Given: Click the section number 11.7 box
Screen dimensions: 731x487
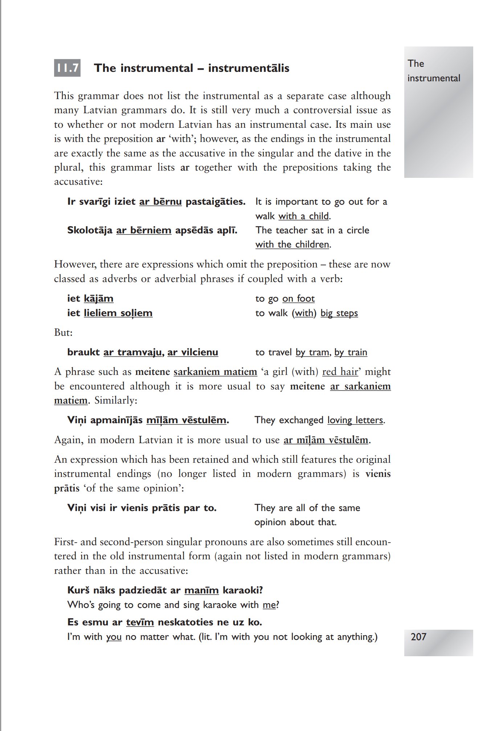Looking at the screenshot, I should pyautogui.click(x=67, y=68).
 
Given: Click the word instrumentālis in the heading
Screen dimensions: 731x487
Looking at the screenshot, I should pyautogui.click(x=249, y=68).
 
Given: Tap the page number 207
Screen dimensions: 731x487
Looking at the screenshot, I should pyautogui.click(x=418, y=637).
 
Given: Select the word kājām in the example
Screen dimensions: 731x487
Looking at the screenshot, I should pyautogui.click(x=98, y=298).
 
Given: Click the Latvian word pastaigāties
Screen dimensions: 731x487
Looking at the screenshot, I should pyautogui.click(x=215, y=201).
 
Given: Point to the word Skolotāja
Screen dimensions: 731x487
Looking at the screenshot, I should pyautogui.click(x=90, y=230).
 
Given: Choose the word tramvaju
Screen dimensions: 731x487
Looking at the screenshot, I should pyautogui.click(x=140, y=352).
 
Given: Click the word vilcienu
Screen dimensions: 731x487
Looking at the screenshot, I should pyautogui.click(x=200, y=352).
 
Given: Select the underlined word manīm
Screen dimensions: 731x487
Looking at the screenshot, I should pyautogui.click(x=201, y=590).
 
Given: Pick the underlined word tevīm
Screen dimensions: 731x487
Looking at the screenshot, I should pyautogui.click(x=140, y=622).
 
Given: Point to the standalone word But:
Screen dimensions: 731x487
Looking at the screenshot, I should pyautogui.click(x=63, y=332).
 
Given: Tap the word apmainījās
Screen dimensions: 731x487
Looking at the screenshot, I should pyautogui.click(x=116, y=420).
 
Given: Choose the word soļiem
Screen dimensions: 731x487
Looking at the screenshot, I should pyautogui.click(x=136, y=313).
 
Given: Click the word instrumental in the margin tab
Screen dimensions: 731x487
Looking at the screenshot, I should pyautogui.click(x=434, y=78).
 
